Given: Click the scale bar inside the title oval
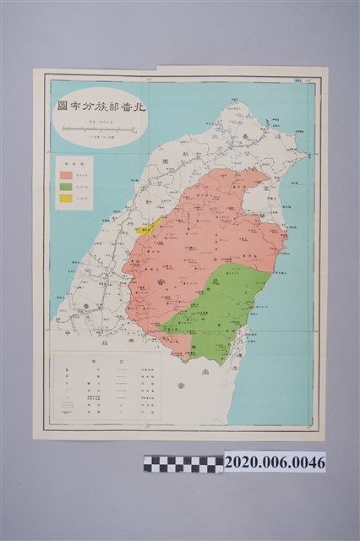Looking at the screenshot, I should [x=99, y=128].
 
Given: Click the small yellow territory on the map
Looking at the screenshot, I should [x=148, y=226].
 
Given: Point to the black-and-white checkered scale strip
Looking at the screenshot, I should [x=183, y=464].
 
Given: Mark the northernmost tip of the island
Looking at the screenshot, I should [x=237, y=104].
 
